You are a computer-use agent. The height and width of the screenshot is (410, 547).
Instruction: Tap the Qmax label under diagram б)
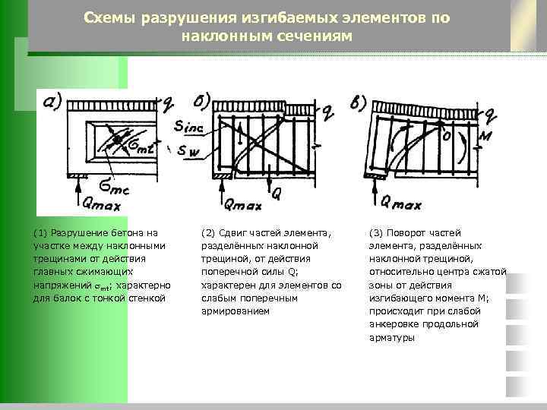click(243, 204)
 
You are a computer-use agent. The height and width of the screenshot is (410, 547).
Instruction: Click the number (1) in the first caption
click(41, 232)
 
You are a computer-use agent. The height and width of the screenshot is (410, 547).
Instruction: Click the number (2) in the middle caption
click(207, 232)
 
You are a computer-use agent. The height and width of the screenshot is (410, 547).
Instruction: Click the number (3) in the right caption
click(375, 232)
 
